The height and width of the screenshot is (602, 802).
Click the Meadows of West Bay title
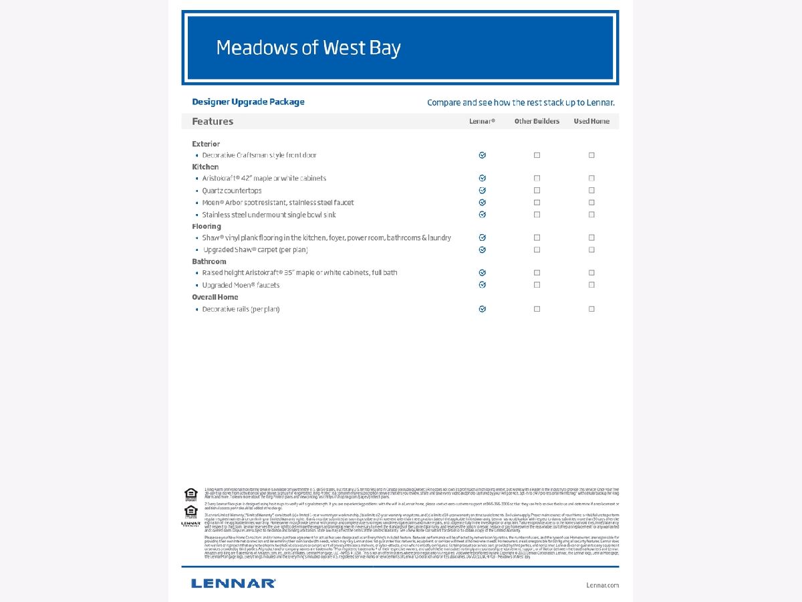(x=308, y=48)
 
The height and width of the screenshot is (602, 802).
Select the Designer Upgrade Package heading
(x=248, y=102)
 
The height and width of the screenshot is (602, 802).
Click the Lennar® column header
(x=482, y=121)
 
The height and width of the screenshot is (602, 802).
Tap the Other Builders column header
(x=537, y=121)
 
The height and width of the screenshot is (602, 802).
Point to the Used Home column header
(x=591, y=121)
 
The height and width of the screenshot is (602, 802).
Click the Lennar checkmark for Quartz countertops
(x=483, y=191)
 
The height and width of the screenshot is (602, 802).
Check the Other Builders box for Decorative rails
(x=537, y=309)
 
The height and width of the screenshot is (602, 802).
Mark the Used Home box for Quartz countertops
(x=591, y=191)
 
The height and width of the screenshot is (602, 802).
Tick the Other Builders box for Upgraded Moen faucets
(x=537, y=285)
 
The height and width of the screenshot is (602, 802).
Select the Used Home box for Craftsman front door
(x=591, y=155)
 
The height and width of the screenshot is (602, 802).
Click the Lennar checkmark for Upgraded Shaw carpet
(x=483, y=249)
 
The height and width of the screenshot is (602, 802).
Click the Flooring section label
(x=207, y=226)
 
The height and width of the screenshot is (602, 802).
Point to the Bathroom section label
(x=209, y=262)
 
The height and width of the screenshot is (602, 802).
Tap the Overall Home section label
(x=215, y=297)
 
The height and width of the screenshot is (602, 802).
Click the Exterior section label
(x=206, y=144)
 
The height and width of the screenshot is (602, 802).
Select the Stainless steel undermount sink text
(x=269, y=215)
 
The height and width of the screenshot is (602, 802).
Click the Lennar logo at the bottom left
(x=233, y=583)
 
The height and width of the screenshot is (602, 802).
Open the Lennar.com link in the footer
(x=602, y=585)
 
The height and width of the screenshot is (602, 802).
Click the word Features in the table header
(x=213, y=121)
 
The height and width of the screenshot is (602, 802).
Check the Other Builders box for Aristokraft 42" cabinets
(x=537, y=179)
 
